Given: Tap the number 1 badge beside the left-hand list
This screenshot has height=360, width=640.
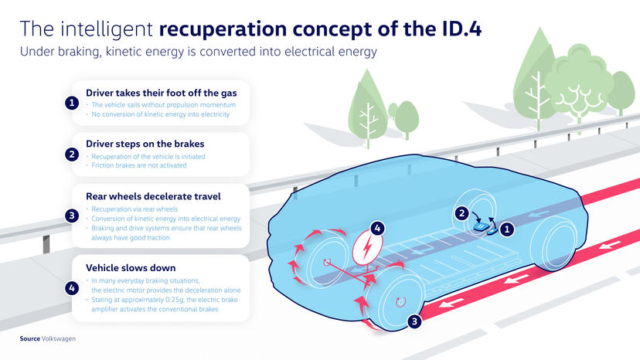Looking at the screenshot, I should point(71,103).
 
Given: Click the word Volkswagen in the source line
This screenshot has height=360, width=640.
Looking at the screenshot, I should point(60,338).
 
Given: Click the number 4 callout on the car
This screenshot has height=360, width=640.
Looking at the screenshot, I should point(377,229).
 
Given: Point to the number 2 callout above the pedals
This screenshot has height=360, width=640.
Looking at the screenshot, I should point(461,213).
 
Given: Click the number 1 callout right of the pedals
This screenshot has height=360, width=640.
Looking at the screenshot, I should point(508,229).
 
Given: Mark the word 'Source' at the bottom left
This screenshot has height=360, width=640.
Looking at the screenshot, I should point(30,338).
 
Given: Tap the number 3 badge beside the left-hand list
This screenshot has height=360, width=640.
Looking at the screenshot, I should point(71,216).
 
